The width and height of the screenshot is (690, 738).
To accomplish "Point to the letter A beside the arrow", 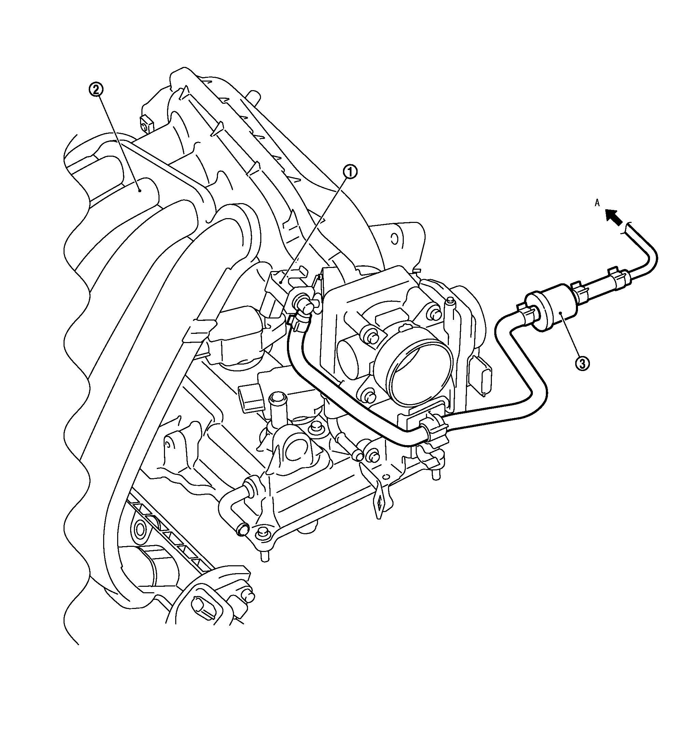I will coord(597,203).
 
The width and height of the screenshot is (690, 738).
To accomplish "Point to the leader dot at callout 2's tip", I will coord(139,191).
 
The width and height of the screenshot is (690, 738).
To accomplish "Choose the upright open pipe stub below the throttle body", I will coord(276,399).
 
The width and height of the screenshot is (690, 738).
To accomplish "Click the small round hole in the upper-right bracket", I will coord(395,238).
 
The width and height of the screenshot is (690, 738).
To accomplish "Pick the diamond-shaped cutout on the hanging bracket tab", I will coord(380,504).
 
